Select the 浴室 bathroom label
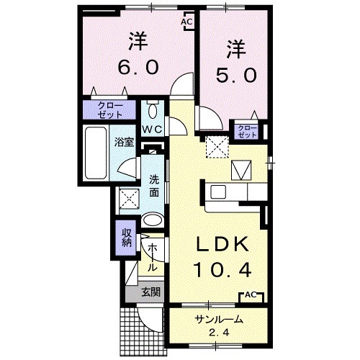coord(124,141)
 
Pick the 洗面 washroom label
coord(154,186)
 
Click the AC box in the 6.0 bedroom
coord(186,22)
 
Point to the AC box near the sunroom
coord(250,295)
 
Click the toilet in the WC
coord(152,112)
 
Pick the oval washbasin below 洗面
coord(153,220)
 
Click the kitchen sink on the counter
coord(218,192)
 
